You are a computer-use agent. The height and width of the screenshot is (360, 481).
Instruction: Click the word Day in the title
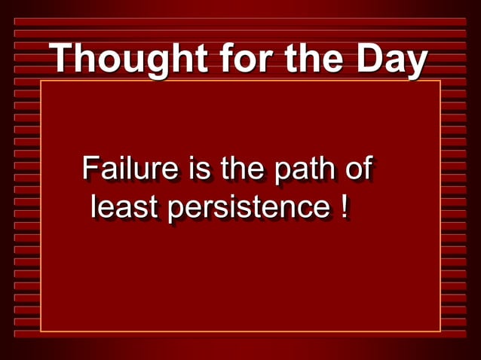(391, 60)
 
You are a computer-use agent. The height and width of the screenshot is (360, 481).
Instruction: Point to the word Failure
(130, 169)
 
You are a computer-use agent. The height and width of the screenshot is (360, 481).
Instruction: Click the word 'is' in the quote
(199, 169)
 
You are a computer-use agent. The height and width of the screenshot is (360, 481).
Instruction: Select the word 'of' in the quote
(357, 169)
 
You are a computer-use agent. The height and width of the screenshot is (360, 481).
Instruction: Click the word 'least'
(124, 207)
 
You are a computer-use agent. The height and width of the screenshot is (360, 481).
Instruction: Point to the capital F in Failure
(90, 169)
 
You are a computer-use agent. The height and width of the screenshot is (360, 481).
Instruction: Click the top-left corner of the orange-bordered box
(41, 81)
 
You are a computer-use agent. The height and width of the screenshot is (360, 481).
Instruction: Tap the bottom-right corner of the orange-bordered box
(440, 331)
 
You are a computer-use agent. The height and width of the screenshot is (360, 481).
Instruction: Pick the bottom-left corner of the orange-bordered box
(41, 331)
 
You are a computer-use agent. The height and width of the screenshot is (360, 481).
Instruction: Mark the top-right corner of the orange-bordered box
(440, 81)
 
